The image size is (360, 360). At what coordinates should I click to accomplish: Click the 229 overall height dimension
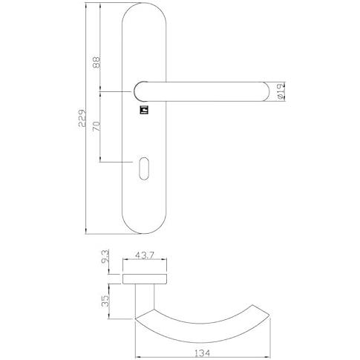(82, 118)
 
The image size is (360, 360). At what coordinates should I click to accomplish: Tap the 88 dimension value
(96, 62)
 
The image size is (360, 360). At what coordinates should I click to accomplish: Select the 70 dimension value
(96, 126)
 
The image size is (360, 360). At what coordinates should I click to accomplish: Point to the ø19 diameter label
(281, 91)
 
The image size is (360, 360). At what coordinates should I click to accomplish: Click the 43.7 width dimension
(145, 255)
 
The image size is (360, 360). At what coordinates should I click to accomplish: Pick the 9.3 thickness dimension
(105, 257)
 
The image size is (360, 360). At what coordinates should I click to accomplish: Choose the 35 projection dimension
(105, 301)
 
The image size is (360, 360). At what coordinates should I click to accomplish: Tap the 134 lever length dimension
(202, 353)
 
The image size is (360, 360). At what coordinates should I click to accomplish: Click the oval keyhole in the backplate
(144, 168)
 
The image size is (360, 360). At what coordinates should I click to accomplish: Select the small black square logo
(144, 110)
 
